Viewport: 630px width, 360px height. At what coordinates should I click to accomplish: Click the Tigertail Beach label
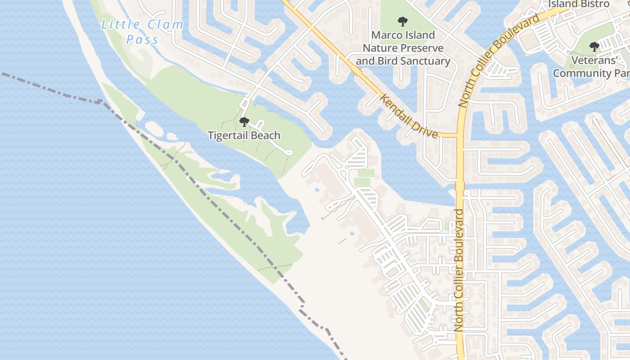tap(244, 135)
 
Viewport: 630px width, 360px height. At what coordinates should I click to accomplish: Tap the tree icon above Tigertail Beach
tap(244, 121)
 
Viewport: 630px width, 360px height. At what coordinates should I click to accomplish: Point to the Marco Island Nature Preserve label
tap(403, 48)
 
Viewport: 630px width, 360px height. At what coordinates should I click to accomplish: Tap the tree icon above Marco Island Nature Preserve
tap(402, 21)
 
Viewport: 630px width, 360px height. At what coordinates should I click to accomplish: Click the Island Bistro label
tap(578, 4)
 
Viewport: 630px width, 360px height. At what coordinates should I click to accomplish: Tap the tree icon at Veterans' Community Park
tap(594, 46)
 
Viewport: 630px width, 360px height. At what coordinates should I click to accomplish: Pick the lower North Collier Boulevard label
tap(459, 277)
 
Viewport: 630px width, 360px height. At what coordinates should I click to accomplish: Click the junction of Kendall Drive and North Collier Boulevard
tap(459, 135)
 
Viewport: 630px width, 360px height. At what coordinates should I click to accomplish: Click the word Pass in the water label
tap(142, 40)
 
